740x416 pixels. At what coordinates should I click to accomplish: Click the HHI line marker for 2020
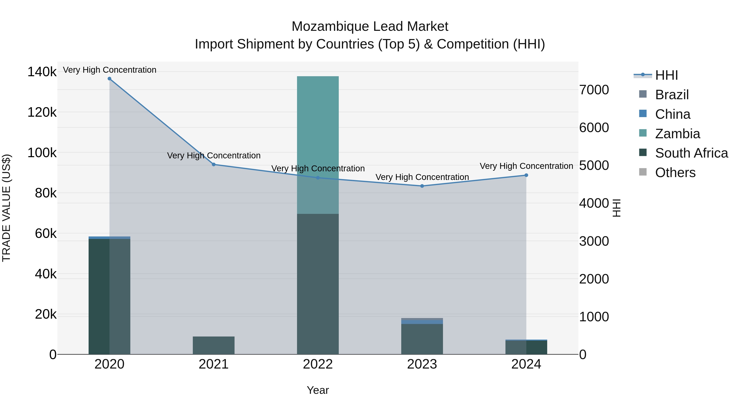point(109,79)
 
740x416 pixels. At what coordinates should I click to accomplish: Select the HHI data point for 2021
point(214,165)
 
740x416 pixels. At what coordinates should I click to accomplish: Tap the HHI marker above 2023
point(422,186)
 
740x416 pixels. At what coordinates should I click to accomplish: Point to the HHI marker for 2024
point(526,175)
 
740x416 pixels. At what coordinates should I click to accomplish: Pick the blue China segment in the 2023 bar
point(422,322)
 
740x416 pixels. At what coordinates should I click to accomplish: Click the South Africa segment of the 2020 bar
point(109,296)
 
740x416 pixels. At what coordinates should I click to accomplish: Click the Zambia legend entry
point(677,134)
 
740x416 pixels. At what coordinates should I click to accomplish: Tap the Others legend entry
point(675,173)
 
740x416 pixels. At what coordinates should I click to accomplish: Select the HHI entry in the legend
point(666,75)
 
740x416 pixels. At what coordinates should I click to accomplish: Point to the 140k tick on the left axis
point(42,72)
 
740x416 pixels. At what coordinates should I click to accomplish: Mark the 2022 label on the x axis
point(318,364)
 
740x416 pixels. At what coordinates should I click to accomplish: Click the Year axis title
point(318,390)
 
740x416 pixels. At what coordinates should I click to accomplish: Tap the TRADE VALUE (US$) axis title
point(6,208)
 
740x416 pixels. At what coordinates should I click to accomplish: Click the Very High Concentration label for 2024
point(526,166)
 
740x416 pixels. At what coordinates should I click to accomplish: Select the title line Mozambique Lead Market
point(370,27)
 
